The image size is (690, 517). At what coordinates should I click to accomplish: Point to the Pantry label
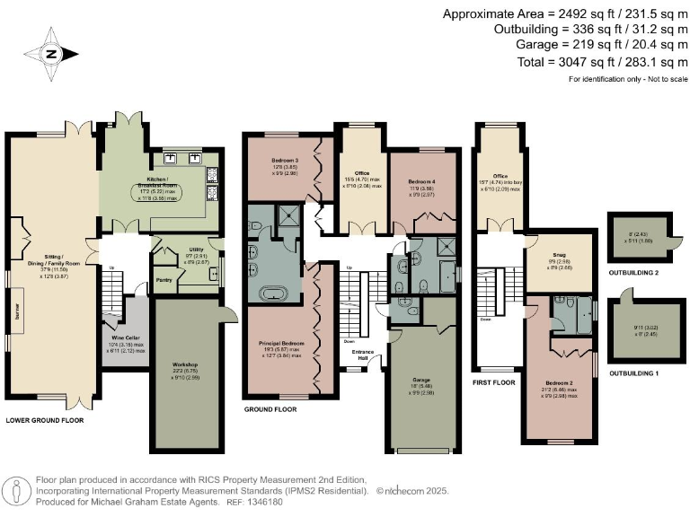(164, 280)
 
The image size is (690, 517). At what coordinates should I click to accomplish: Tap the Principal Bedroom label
(282, 344)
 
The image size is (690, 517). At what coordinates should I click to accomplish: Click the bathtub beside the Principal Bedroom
(270, 293)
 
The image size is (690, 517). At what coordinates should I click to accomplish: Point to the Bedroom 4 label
(421, 182)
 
